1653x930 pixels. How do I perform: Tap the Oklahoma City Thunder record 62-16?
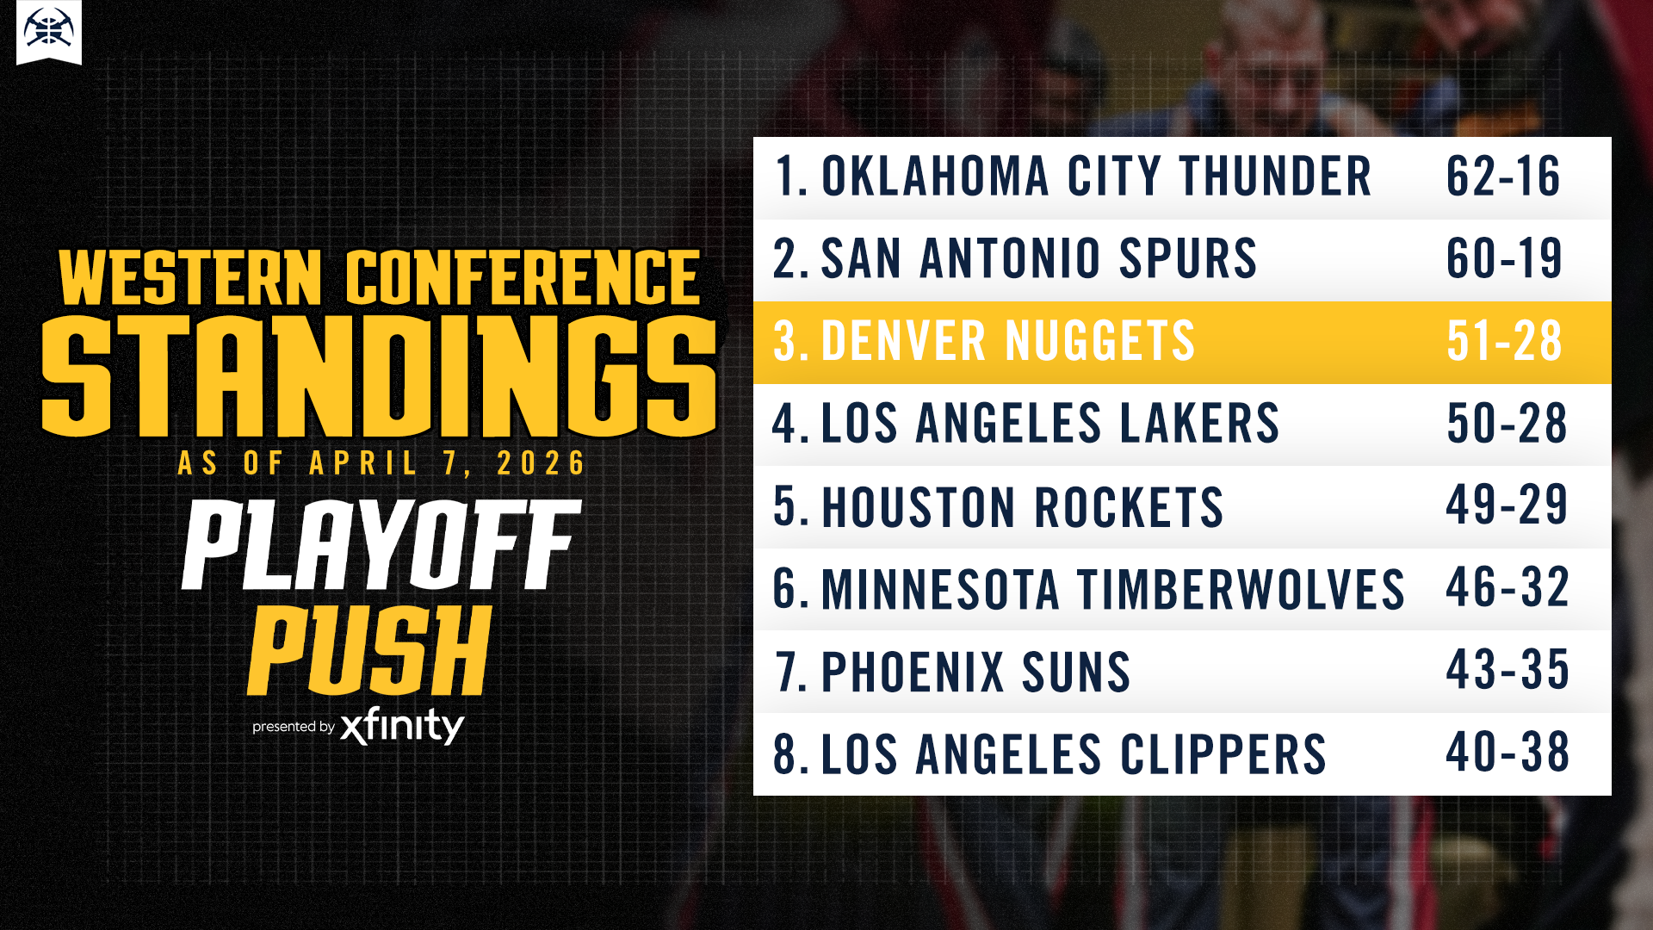(x=1503, y=177)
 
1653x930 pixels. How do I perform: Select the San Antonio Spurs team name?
(x=1039, y=258)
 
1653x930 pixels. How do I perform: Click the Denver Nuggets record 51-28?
(x=1504, y=341)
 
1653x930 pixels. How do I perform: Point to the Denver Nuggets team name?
(x=1008, y=341)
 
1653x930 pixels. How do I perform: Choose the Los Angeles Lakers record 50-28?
(x=1507, y=424)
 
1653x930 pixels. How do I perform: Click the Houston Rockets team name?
(x=1023, y=506)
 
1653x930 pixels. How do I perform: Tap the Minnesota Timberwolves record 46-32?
(x=1508, y=588)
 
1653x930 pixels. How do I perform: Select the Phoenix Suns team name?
(x=975, y=672)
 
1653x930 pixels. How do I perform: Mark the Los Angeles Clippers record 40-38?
(x=1508, y=753)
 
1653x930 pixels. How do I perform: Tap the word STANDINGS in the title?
(x=379, y=376)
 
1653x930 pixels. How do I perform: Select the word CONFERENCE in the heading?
(x=523, y=278)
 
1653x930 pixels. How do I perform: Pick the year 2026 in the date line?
(x=541, y=463)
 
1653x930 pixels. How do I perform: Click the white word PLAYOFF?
(x=381, y=545)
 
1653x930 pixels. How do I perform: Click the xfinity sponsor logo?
(x=402, y=726)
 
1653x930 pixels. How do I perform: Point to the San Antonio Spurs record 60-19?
(x=1504, y=258)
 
